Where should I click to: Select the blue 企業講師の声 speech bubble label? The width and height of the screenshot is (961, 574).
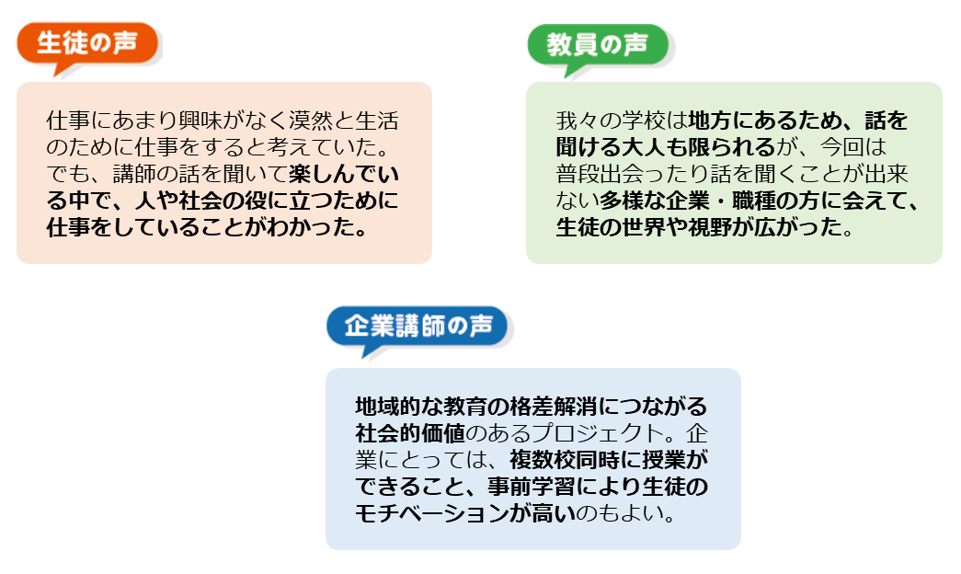click(x=417, y=327)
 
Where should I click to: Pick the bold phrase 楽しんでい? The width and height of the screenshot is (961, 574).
click(x=344, y=174)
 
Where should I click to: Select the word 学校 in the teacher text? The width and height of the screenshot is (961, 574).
click(x=636, y=121)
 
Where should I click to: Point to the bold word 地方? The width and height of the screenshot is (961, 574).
click(x=709, y=121)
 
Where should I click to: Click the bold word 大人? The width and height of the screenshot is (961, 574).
click(x=659, y=147)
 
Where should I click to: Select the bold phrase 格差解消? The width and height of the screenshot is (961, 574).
click(x=548, y=407)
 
